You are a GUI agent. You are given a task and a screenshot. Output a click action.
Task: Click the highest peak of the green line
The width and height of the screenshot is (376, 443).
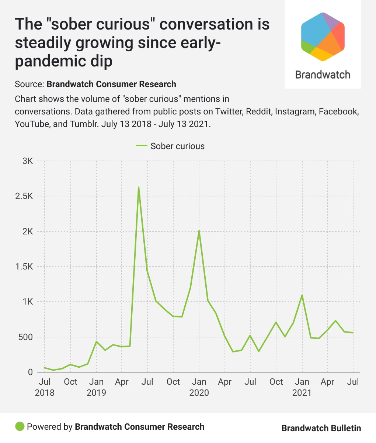click(x=139, y=188)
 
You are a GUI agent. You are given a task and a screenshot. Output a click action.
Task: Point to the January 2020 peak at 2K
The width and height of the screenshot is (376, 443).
click(x=199, y=231)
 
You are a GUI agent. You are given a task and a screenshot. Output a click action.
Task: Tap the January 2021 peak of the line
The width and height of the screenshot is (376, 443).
click(x=302, y=295)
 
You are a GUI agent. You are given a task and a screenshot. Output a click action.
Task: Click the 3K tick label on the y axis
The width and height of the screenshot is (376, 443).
click(x=28, y=161)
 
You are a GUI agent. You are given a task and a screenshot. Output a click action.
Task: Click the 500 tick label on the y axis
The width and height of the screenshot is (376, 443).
click(x=25, y=337)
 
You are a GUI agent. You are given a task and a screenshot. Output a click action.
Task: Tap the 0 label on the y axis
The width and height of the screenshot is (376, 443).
click(x=30, y=372)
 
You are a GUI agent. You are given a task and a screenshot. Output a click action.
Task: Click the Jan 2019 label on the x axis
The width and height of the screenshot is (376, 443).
click(x=96, y=387)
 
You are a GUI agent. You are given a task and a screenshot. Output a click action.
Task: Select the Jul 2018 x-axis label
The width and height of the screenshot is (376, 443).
click(x=45, y=387)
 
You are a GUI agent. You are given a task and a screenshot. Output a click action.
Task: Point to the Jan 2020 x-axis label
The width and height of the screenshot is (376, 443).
click(x=199, y=387)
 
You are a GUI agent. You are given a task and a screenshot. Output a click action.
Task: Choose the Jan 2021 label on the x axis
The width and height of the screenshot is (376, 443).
click(x=302, y=387)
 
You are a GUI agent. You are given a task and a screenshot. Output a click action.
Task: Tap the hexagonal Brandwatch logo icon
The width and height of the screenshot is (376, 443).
click(x=323, y=36)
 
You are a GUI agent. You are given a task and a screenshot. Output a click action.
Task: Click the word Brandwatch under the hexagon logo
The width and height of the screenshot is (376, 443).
click(x=323, y=75)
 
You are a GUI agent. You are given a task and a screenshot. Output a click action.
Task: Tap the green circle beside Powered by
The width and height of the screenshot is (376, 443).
click(x=20, y=427)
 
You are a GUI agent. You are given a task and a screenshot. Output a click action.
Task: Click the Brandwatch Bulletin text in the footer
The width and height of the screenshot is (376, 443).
click(x=321, y=428)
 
